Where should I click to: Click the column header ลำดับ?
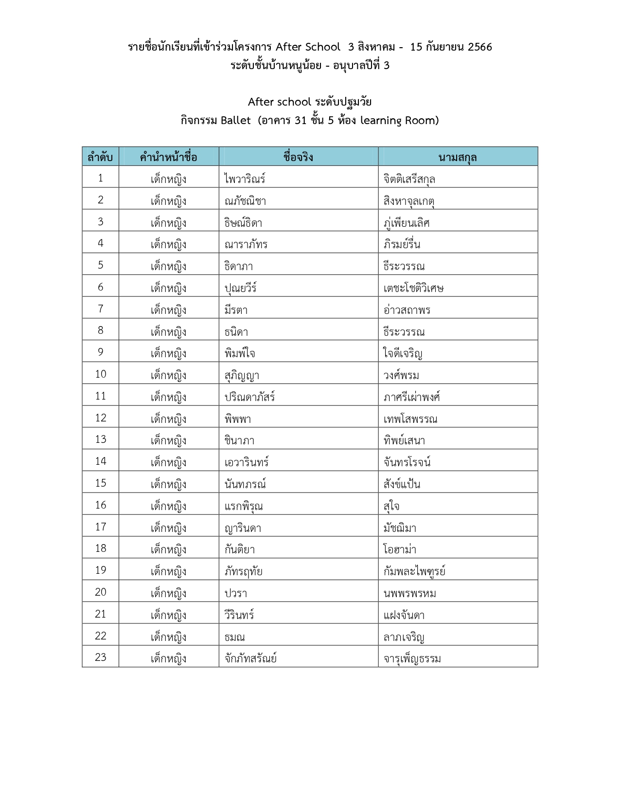(x=100, y=157)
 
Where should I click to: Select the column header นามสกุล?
(x=458, y=157)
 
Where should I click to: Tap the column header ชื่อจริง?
(x=298, y=157)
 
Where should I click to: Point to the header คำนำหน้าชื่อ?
(x=168, y=157)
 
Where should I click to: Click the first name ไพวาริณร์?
(x=245, y=179)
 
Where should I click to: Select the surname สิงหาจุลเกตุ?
(x=409, y=201)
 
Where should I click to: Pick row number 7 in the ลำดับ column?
(x=100, y=309)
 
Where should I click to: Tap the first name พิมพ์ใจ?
(x=240, y=353)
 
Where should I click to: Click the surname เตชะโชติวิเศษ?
(x=413, y=288)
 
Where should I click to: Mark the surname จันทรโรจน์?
(x=407, y=462)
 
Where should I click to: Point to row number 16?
(x=100, y=505)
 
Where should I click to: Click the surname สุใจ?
(x=391, y=506)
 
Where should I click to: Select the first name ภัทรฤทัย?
(x=244, y=571)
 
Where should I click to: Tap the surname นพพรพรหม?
(x=410, y=593)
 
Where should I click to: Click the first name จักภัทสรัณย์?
(x=250, y=658)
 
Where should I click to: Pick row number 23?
(x=100, y=657)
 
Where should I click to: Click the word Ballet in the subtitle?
(x=235, y=120)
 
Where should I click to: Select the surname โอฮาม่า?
(x=400, y=549)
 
